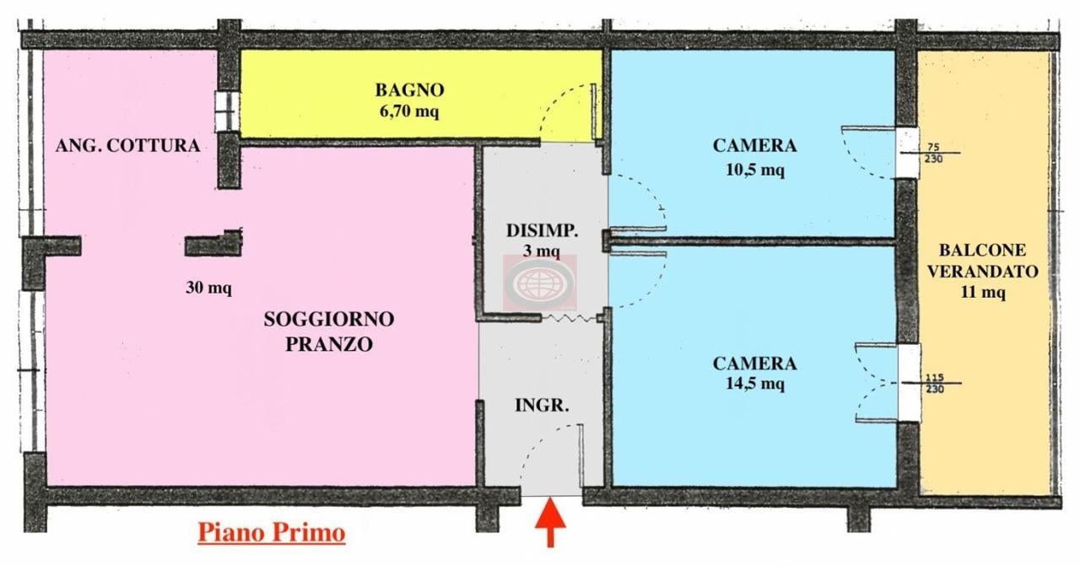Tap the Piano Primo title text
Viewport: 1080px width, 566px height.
tap(271, 533)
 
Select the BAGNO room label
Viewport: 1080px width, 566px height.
tap(410, 90)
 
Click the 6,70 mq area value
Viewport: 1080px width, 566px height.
tap(409, 111)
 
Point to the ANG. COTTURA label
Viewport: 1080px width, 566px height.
tap(127, 146)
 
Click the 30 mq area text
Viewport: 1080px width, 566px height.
tap(208, 288)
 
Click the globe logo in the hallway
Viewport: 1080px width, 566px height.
tap(540, 283)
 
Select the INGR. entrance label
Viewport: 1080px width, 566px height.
tap(542, 405)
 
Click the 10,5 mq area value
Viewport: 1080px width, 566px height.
tap(755, 170)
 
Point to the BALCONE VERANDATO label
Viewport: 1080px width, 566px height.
tap(982, 261)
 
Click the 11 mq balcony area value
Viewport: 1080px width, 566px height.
tap(982, 293)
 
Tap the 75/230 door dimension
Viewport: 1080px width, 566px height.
tap(932, 153)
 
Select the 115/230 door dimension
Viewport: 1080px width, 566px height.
tap(934, 383)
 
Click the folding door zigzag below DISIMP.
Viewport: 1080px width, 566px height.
tap(570, 317)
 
